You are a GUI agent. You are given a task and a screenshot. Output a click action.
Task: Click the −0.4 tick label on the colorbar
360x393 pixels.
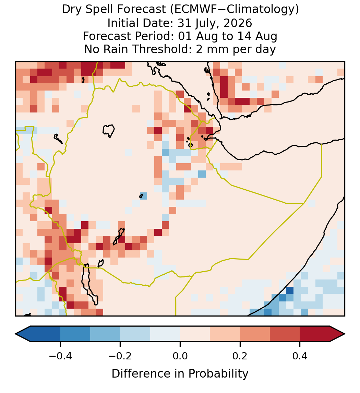(x=60, y=356)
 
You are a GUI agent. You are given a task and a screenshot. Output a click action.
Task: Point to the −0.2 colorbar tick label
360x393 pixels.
(x=120, y=356)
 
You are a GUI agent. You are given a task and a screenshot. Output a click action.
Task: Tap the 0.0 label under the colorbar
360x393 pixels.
(x=180, y=356)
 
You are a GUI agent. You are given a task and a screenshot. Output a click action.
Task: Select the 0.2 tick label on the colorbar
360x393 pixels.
(x=240, y=356)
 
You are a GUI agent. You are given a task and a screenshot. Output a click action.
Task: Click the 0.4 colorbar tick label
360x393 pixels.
(x=300, y=356)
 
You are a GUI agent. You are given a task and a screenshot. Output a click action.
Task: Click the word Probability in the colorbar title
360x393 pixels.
(x=218, y=374)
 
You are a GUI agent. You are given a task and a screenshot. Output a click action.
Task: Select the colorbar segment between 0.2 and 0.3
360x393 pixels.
(x=255, y=334)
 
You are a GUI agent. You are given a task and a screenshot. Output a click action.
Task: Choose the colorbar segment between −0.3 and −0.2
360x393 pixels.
(x=105, y=334)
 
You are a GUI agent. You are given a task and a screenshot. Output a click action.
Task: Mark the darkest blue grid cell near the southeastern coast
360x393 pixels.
(x=290, y=290)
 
